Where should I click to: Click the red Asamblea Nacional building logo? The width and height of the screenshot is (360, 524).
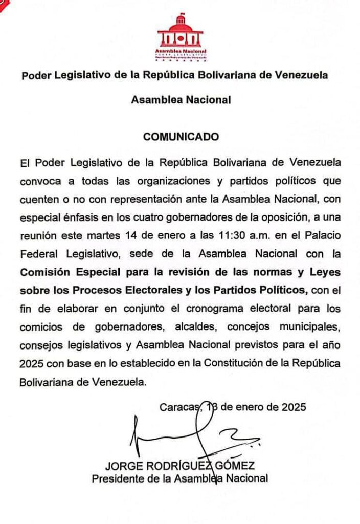[x=180, y=36]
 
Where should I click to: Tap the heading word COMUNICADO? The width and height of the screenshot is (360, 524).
[x=181, y=137]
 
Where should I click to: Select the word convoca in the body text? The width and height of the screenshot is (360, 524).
[x=37, y=182]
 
